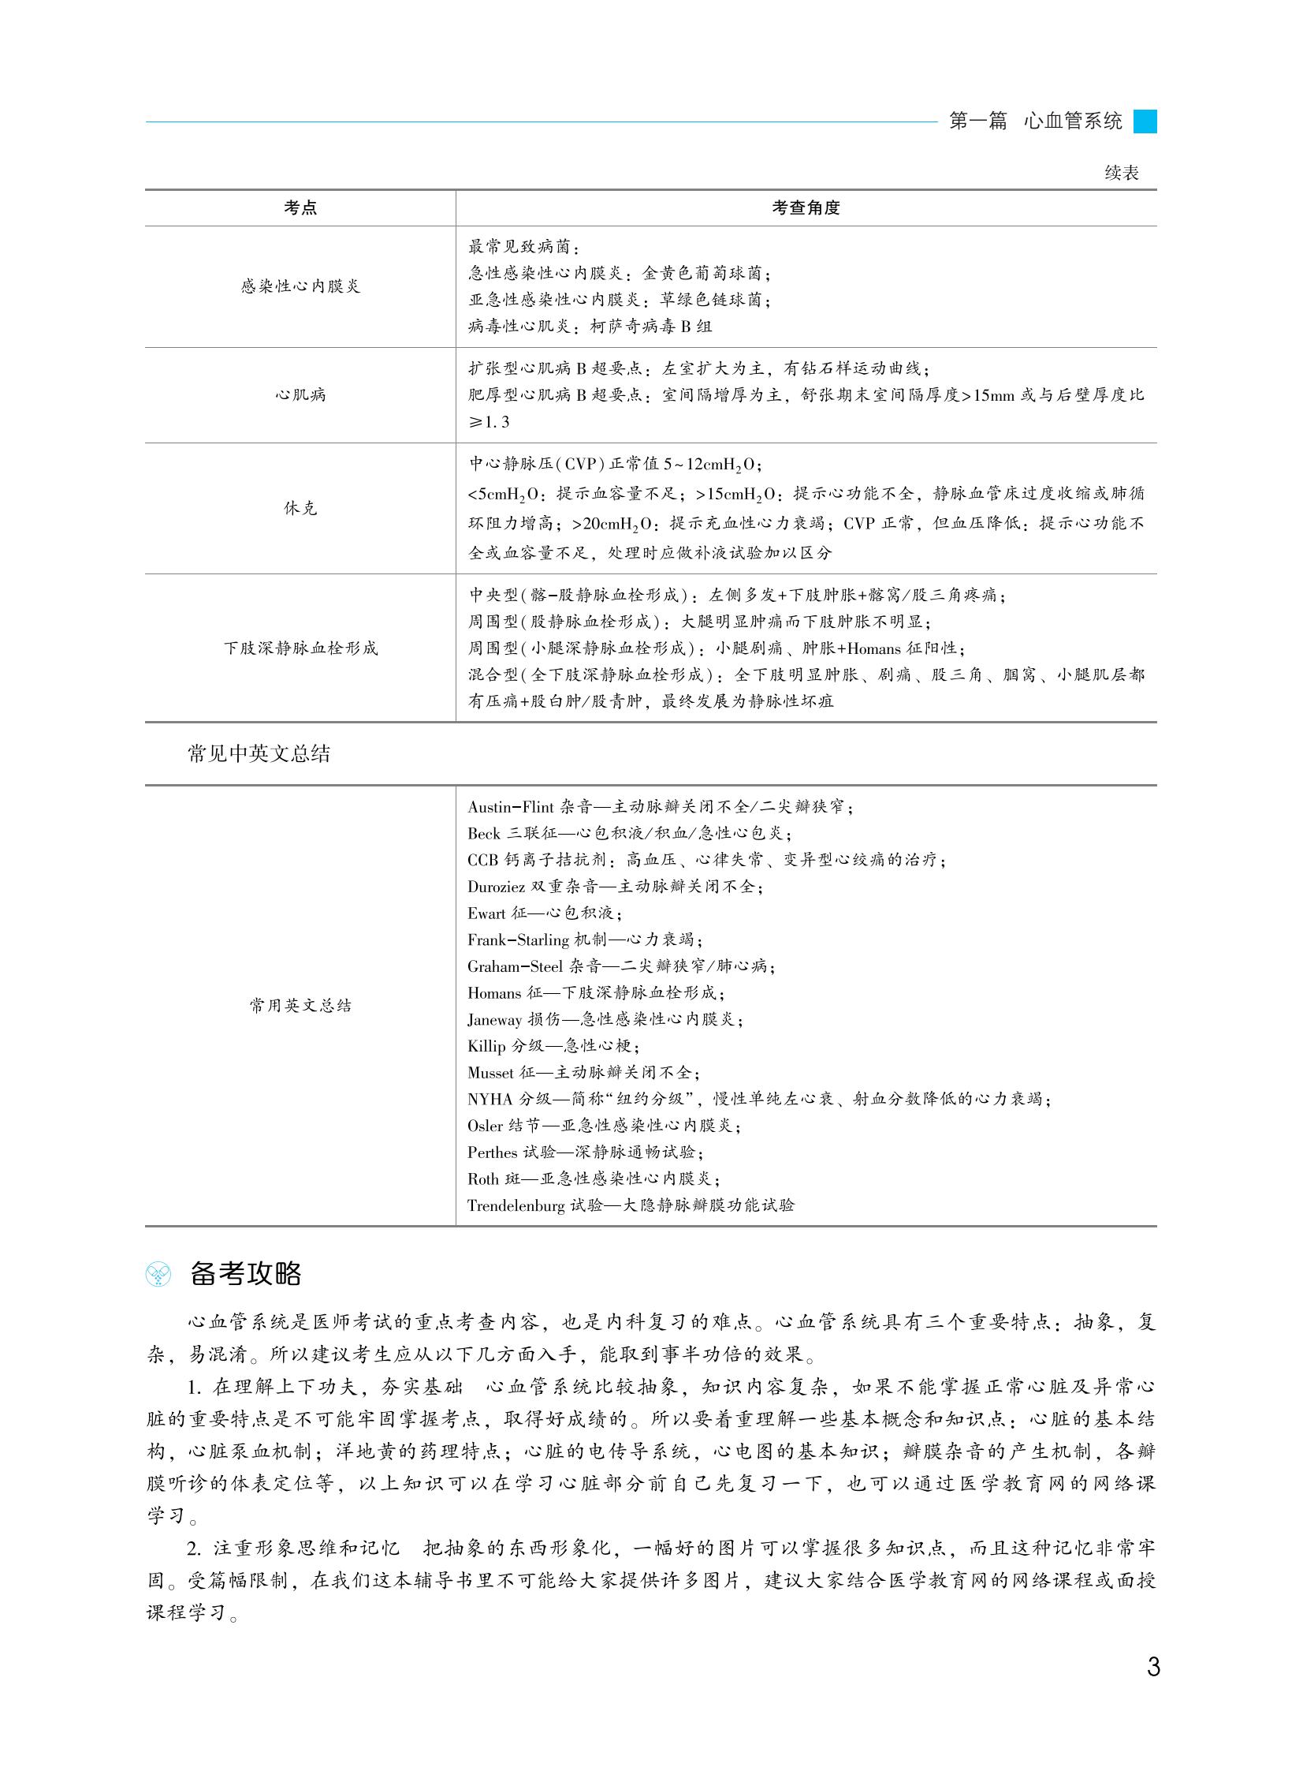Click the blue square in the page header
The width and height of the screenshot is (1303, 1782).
point(1145,121)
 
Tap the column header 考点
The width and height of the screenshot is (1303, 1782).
point(300,208)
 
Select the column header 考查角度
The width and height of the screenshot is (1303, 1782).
point(806,208)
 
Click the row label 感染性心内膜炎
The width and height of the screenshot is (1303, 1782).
point(300,286)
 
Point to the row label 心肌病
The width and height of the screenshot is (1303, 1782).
point(300,394)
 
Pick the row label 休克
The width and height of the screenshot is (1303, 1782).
point(300,508)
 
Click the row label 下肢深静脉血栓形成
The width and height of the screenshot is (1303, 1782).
point(300,648)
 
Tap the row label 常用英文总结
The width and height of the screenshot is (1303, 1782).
point(300,1006)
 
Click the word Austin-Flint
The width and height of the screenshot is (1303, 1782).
point(510,806)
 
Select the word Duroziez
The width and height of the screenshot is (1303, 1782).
point(496,886)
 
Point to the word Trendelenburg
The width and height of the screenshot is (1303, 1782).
point(516,1205)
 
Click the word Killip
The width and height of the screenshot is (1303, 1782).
point(486,1046)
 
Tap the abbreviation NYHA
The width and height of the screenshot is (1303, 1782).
point(490,1099)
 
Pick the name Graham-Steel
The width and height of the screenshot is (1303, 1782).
point(514,966)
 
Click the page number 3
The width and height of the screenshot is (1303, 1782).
point(1152,1667)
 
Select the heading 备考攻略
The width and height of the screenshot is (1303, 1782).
point(245,1274)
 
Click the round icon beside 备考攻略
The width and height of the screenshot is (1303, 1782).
point(159,1275)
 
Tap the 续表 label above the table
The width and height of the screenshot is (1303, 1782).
point(1121,173)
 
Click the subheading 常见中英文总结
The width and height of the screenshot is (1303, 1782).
point(259,753)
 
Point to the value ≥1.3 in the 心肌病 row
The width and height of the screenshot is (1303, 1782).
point(489,422)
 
